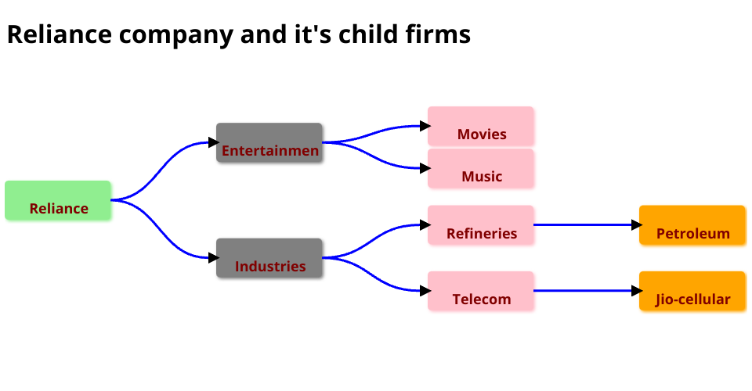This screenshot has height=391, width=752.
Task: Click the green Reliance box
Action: coord(58,200)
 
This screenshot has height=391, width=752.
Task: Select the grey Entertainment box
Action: coord(269,142)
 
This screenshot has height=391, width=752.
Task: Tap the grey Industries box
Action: coord(269,258)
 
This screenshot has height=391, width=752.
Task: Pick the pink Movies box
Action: coord(480,127)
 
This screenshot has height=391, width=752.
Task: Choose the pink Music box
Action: coord(480,169)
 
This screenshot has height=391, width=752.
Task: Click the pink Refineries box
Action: coord(480,225)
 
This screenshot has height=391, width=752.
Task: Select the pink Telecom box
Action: coord(480,291)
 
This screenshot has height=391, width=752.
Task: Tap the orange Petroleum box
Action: coord(692,225)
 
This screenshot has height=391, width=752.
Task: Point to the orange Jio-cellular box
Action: coord(692,291)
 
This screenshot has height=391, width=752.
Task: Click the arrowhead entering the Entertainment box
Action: coord(213,142)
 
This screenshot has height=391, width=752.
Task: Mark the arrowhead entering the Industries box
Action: coord(213,258)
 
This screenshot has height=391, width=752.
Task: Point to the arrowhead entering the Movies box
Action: coord(425,126)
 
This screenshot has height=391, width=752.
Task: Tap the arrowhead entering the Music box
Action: coord(425,168)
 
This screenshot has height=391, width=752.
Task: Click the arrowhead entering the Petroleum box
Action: coord(636,225)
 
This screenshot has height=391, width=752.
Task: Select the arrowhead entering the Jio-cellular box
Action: coord(636,291)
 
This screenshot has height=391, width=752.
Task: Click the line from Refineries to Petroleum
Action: coord(584,225)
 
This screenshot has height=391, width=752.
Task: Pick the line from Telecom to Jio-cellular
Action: coord(584,291)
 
